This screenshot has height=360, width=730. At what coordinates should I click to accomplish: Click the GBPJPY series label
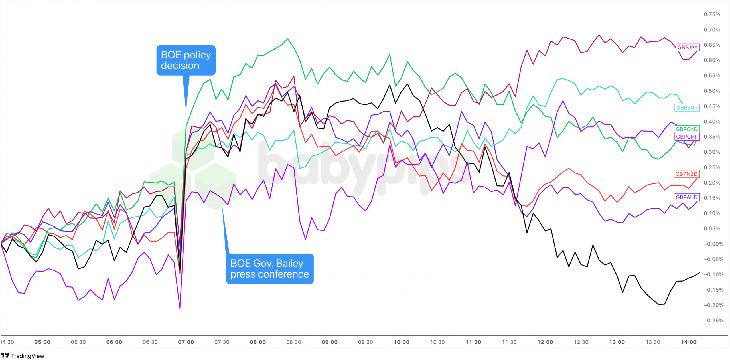click(x=687, y=47)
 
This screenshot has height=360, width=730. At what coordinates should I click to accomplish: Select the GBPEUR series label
click(x=687, y=108)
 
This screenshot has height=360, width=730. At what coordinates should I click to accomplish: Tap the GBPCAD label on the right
click(x=686, y=129)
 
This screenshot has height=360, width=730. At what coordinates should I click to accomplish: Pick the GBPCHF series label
click(x=686, y=137)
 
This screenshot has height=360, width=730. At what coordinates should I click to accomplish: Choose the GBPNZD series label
click(x=686, y=174)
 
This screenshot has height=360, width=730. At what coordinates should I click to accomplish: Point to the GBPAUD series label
click(x=686, y=197)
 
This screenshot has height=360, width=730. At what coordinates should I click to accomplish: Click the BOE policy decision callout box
click(x=186, y=60)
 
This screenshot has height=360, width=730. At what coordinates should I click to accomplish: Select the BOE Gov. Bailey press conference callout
click(x=269, y=268)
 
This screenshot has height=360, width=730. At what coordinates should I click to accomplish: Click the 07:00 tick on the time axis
click(x=186, y=342)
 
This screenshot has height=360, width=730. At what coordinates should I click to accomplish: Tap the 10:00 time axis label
click(x=401, y=342)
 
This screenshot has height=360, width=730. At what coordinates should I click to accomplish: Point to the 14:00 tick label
click(x=688, y=342)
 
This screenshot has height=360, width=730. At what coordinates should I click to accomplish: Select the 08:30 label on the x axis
click(x=293, y=342)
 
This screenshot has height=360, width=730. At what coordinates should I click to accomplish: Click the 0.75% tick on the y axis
click(x=712, y=14)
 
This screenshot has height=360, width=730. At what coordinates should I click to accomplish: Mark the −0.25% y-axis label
click(x=712, y=320)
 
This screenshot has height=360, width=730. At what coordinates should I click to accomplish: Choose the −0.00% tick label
click(x=712, y=244)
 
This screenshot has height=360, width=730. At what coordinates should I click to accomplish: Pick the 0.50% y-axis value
click(x=712, y=91)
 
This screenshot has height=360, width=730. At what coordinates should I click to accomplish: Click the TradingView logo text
click(x=27, y=356)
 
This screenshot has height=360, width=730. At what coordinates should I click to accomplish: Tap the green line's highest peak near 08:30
click(x=287, y=39)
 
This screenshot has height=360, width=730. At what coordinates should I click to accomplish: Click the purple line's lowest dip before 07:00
click(x=180, y=308)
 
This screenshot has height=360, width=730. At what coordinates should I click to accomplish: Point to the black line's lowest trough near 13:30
click(x=659, y=304)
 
